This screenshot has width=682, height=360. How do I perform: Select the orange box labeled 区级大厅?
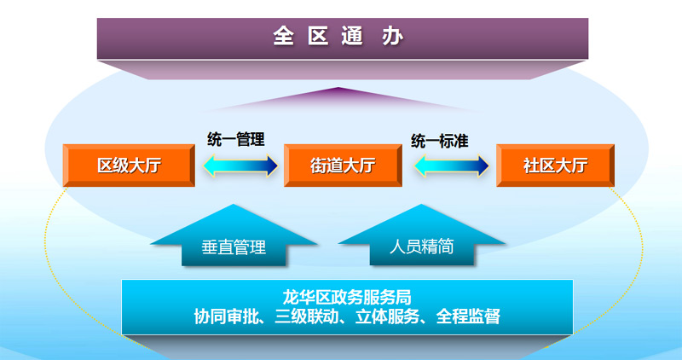click(x=128, y=166)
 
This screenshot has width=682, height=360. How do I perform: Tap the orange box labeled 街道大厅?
click(x=342, y=166)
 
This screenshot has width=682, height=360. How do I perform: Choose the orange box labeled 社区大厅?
click(x=555, y=166)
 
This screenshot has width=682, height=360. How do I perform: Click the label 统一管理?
click(x=236, y=139)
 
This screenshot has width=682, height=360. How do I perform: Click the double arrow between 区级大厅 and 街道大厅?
click(x=240, y=166)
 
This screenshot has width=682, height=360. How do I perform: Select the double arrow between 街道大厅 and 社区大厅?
click(x=451, y=166)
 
